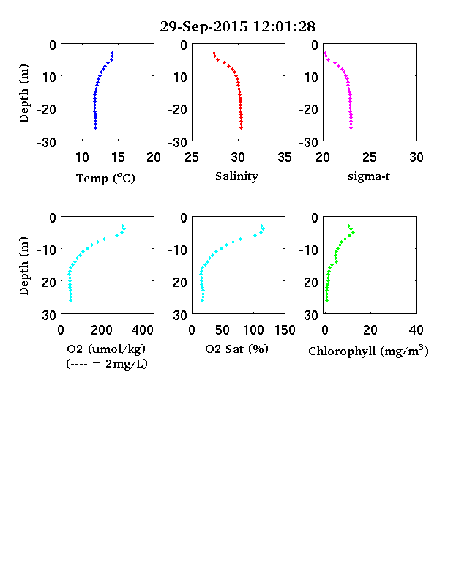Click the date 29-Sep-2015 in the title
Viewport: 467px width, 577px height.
tap(204, 26)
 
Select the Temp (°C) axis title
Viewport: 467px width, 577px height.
tap(105, 178)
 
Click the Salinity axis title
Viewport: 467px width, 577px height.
tap(236, 176)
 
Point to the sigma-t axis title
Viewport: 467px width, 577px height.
tap(369, 176)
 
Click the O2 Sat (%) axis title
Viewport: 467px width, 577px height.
tap(236, 349)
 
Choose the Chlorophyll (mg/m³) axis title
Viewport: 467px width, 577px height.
tap(368, 351)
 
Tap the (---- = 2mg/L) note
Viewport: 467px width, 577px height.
tap(107, 364)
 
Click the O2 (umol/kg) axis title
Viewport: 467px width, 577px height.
tap(106, 349)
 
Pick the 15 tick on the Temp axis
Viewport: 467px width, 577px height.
tap(118, 157)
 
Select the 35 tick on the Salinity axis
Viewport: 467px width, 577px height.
tap(285, 157)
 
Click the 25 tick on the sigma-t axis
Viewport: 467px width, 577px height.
tap(370, 157)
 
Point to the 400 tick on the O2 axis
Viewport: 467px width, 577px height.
tap(143, 330)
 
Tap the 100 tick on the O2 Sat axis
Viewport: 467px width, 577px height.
tap(253, 330)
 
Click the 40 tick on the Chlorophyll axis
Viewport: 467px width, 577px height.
tap(416, 330)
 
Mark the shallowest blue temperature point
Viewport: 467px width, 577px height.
tap(113, 53)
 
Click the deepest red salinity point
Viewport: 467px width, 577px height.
tap(242, 127)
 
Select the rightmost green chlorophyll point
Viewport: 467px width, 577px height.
tap(353, 232)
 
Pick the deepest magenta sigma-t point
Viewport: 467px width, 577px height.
tap(351, 127)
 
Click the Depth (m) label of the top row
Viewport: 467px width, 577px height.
tap(24, 93)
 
